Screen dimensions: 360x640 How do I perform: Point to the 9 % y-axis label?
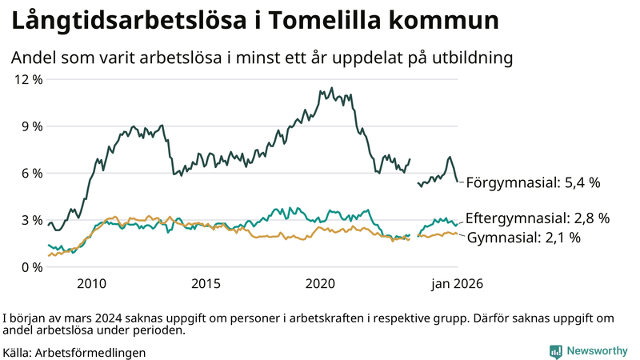tap(30, 126)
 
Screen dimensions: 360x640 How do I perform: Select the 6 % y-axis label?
tap(30, 173)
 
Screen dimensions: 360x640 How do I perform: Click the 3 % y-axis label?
tap(30, 220)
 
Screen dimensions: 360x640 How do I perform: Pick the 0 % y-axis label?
tap(30, 266)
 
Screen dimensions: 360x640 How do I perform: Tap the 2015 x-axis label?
tap(206, 283)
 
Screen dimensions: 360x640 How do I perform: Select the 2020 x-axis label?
tap(320, 283)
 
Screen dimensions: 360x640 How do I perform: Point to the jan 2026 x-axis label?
tap(457, 283)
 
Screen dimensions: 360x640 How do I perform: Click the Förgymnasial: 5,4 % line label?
tap(533, 182)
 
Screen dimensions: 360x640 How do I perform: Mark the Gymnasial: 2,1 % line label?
tap(523, 238)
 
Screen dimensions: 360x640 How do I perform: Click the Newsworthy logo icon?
tap(555, 351)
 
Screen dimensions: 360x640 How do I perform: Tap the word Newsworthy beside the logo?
tap(597, 351)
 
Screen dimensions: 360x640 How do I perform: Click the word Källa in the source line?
tap(18, 352)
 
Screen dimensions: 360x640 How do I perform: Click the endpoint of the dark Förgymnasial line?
tap(458, 182)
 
